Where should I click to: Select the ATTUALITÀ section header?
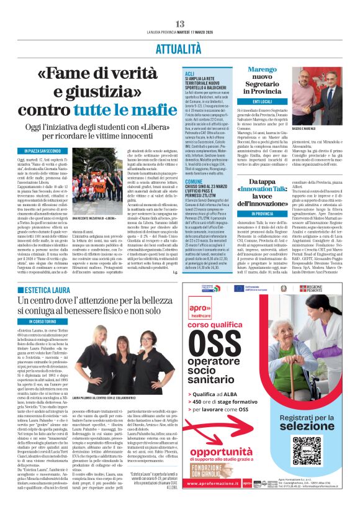(x=179, y=47)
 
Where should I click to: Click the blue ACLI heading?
(x=189, y=73)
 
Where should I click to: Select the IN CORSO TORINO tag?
(x=43, y=321)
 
